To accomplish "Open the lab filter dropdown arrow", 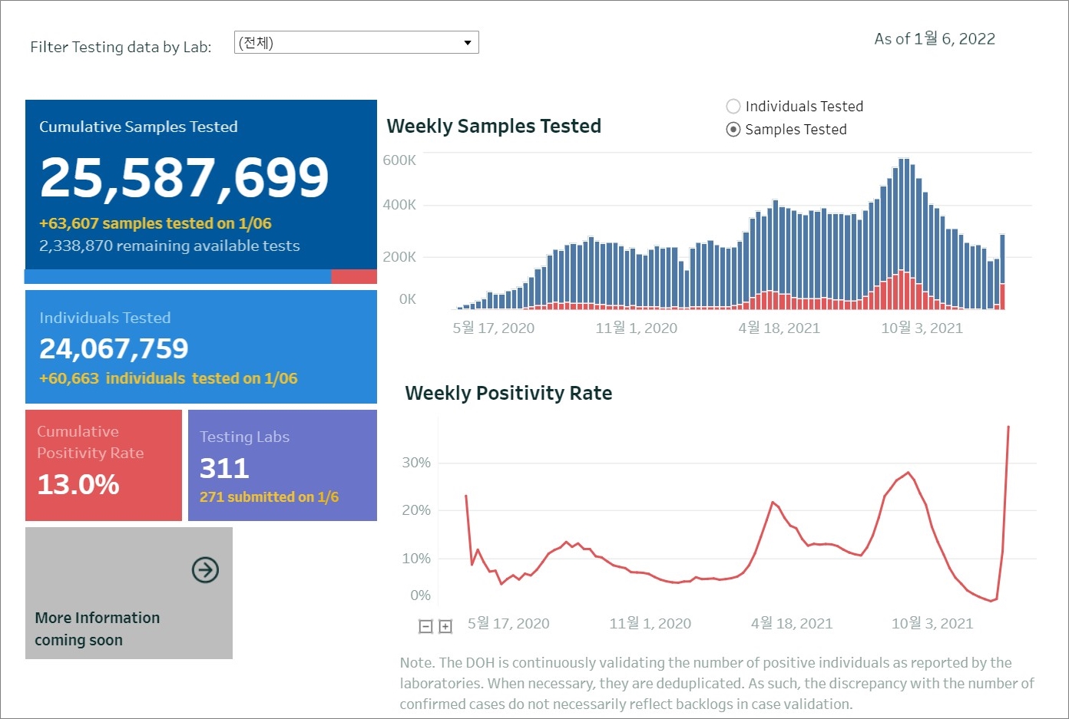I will pos(467,43).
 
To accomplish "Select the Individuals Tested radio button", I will pos(733,107).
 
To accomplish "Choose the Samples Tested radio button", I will pos(733,130).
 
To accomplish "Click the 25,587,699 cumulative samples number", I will pos(184,177).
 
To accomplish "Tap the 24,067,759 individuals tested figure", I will pos(114,349).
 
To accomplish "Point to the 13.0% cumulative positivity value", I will pos(78,485).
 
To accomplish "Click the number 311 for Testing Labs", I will pos(224,468).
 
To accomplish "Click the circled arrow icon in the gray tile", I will pos(205,570).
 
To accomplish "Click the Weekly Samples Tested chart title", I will pos(494,127).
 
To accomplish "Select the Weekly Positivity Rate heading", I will pos(508,394).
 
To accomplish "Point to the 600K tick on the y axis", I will pos(399,160).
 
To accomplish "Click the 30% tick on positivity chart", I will pos(416,463).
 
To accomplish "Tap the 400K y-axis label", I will pos(399,205).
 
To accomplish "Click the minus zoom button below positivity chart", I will pos(425,627).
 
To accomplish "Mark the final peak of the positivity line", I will pos(1008,427).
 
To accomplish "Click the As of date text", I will pos(935,39).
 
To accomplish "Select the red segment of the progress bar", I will pos(354,277).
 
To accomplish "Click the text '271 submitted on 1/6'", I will pos(269,497).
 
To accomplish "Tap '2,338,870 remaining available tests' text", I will pos(170,246).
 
